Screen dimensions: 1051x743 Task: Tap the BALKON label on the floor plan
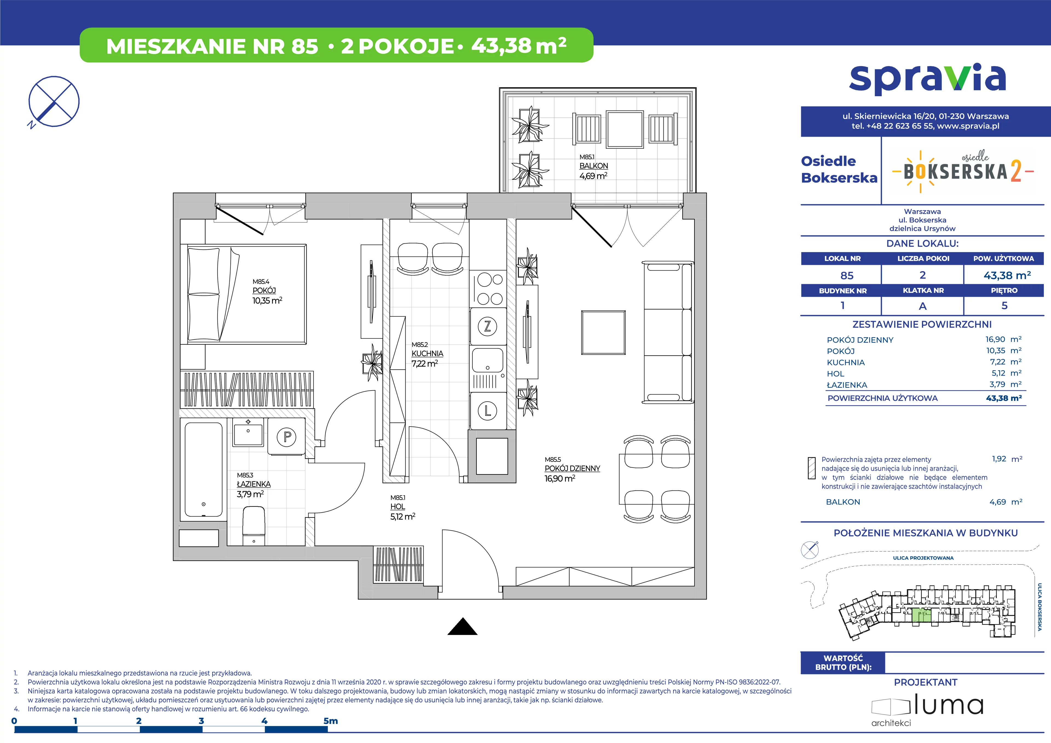[x=594, y=166]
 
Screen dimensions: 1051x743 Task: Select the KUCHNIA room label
[x=427, y=353]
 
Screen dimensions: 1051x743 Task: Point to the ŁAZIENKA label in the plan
[x=254, y=484]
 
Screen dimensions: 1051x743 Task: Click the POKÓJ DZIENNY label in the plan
[x=572, y=468]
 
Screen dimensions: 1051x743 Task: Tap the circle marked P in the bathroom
[x=287, y=437]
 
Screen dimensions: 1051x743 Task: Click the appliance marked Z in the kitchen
[x=487, y=326]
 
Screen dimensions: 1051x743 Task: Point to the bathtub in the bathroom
[x=204, y=470]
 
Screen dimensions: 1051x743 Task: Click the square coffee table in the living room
[x=603, y=332]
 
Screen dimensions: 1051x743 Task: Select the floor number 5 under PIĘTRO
[x=1004, y=305]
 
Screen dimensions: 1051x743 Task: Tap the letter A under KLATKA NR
[x=923, y=306]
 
